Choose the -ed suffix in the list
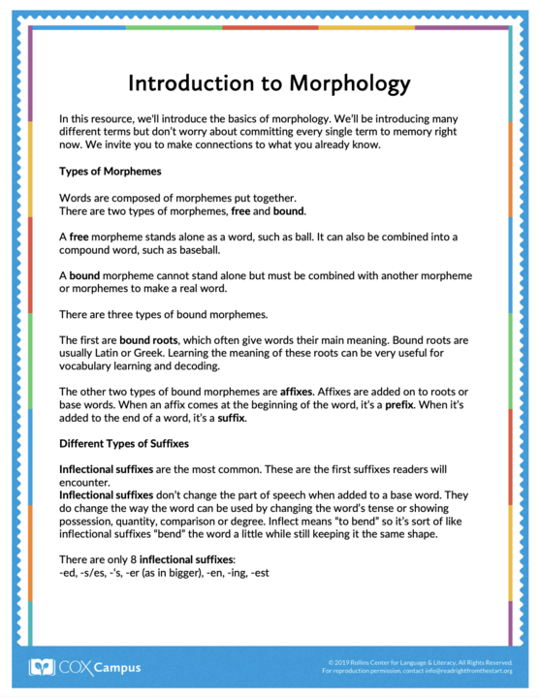point(69,573)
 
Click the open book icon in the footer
point(41,667)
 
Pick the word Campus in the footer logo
point(117,667)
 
